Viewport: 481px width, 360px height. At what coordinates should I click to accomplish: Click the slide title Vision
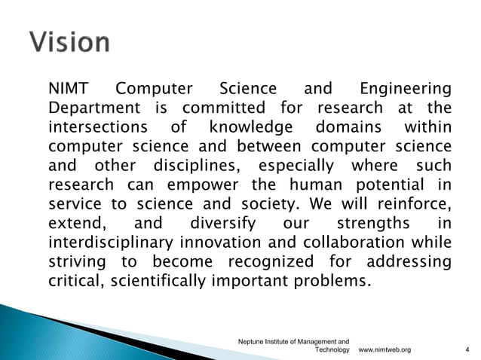coord(70,41)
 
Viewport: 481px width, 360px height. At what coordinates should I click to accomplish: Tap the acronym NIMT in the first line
coord(69,90)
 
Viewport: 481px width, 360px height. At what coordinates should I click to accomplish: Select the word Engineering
coord(407,90)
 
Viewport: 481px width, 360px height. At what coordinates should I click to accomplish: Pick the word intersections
coord(98,128)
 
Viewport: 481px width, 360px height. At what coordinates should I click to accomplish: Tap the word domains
coord(346,128)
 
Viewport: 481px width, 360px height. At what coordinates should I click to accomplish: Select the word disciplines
coord(198,166)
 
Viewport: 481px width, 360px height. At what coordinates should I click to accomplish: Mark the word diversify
coord(224,224)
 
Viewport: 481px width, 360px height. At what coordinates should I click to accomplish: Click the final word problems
coord(333,281)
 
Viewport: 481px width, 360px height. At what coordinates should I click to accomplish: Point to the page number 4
coord(467,350)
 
